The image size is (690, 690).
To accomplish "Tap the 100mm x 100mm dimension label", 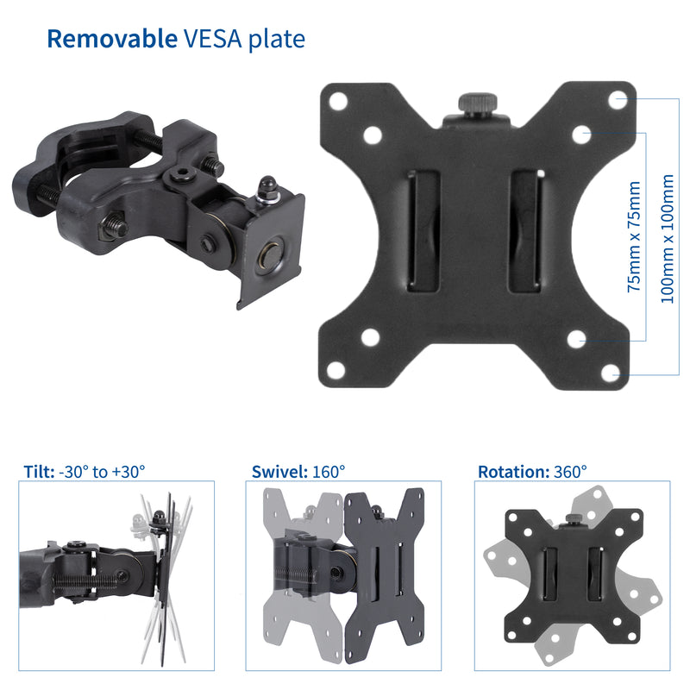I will pyautogui.click(x=665, y=237).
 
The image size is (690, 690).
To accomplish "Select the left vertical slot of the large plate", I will pyautogui.click(x=423, y=229).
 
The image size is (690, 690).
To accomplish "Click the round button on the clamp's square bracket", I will pyautogui.click(x=272, y=256).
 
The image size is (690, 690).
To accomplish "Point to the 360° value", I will pyautogui.click(x=570, y=472).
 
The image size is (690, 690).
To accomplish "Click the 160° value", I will pyautogui.click(x=329, y=472).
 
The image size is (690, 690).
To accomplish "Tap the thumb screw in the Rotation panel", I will pyautogui.click(x=572, y=520).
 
